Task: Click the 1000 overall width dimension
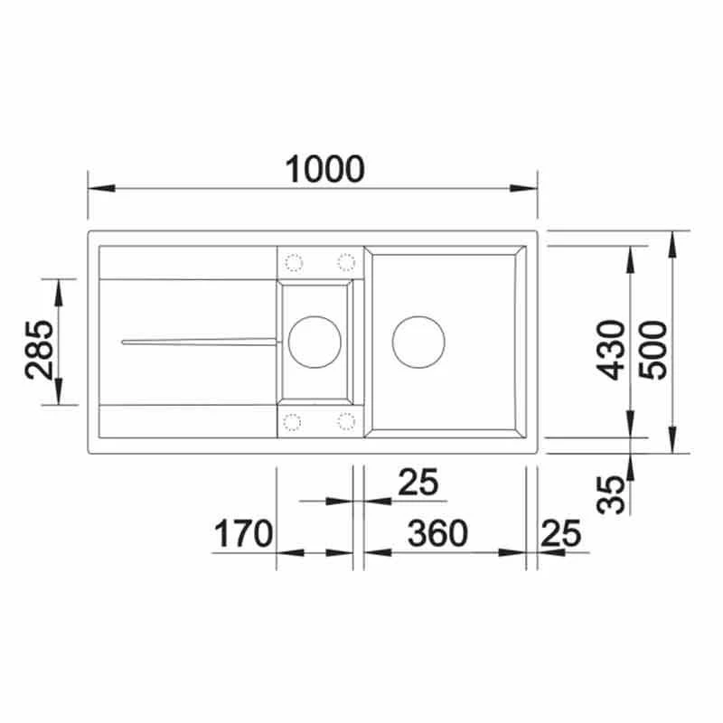[x=325, y=169]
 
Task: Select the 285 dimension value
[x=40, y=350]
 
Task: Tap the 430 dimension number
[x=610, y=350]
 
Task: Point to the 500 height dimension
[x=653, y=350]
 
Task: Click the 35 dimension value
[x=611, y=494]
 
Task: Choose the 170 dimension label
[x=243, y=533]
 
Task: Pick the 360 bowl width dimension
[x=437, y=533]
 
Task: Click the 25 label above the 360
[x=418, y=483]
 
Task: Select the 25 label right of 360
[x=561, y=533]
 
